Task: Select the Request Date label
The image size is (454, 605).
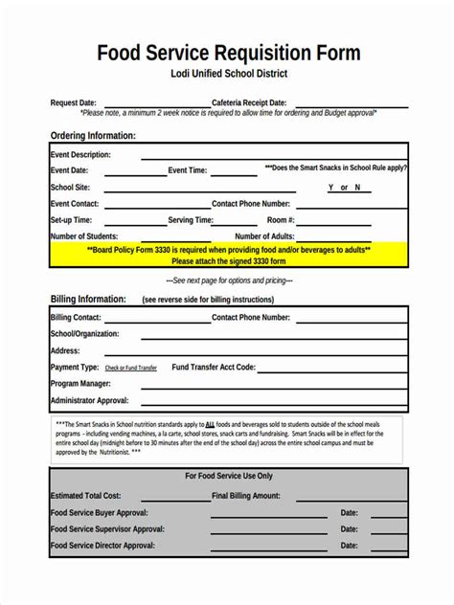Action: click(x=73, y=102)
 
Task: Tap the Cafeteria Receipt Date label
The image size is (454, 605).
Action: click(x=249, y=102)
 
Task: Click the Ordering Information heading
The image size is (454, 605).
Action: click(x=93, y=136)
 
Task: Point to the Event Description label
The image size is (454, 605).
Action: click(x=80, y=154)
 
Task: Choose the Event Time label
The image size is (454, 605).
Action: click(x=188, y=170)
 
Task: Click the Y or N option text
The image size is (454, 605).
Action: click(x=344, y=188)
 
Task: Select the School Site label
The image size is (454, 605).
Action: click(x=70, y=188)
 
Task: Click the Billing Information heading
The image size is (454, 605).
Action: click(x=90, y=299)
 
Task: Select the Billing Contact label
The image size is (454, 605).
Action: click(x=76, y=317)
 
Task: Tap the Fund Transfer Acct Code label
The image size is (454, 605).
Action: click(x=214, y=367)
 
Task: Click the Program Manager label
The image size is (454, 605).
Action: click(x=79, y=383)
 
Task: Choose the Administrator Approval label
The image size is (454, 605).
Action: click(x=89, y=400)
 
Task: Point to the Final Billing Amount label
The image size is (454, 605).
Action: click(x=246, y=496)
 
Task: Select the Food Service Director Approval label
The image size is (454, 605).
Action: click(x=102, y=545)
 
